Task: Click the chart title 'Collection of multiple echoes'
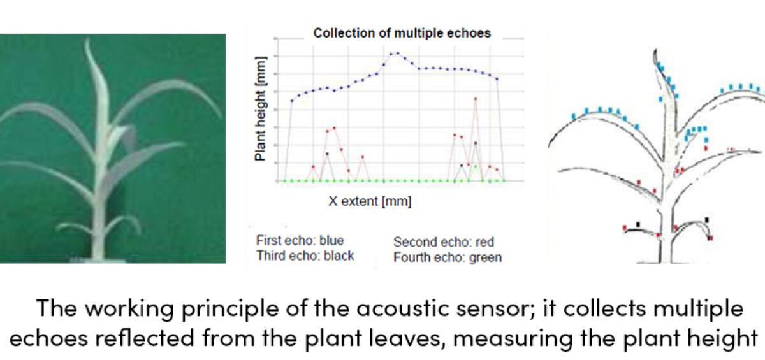(402, 33)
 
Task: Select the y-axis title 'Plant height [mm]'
(260, 108)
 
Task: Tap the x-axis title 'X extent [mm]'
(370, 201)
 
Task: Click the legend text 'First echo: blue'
(300, 240)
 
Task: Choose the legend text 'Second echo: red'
(444, 242)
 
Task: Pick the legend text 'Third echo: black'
(305, 256)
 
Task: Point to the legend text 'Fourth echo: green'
(448, 257)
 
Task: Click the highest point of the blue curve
(398, 54)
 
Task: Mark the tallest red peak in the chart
(476, 99)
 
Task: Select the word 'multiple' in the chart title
(418, 33)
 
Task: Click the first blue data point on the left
(292, 101)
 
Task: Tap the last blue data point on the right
(497, 79)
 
